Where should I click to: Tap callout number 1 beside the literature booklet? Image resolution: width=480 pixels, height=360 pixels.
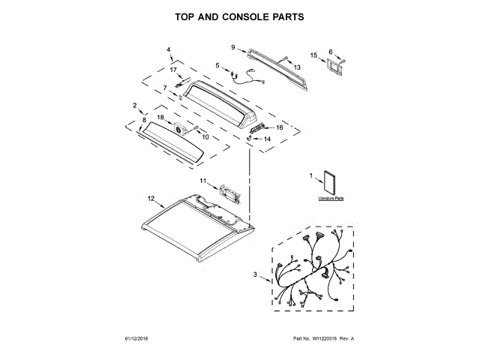click(310, 176)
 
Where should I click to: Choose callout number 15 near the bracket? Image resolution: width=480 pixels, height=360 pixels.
click(331, 52)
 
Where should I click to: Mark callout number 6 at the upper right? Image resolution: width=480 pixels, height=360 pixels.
click(331, 52)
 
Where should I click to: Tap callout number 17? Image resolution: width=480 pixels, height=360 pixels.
click(172, 70)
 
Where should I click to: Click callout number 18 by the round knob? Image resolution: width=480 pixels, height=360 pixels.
click(160, 117)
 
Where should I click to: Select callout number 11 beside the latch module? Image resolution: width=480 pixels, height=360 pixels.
click(202, 181)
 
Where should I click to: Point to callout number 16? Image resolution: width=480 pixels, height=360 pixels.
click(280, 128)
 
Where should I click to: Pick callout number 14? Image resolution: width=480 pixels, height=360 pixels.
click(267, 139)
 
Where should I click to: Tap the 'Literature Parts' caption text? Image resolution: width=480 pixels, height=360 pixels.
click(330, 199)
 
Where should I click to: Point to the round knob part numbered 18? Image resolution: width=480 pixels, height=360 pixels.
click(180, 130)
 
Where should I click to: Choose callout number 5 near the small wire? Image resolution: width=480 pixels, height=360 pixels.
click(217, 65)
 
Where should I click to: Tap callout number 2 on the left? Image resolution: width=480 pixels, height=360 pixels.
click(135, 105)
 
